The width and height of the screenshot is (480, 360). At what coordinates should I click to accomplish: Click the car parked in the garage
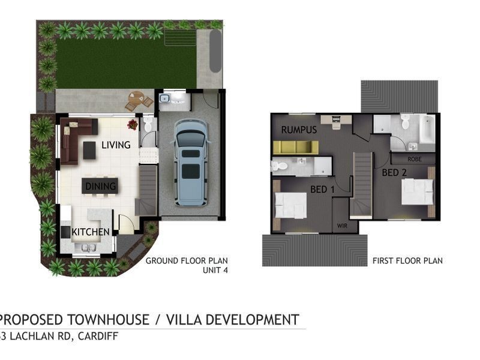(x=191, y=163)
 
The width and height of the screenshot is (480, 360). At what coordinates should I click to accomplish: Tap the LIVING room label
(x=116, y=145)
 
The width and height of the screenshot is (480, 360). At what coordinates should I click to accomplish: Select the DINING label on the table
(x=100, y=186)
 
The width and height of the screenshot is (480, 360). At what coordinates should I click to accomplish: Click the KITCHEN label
(x=91, y=232)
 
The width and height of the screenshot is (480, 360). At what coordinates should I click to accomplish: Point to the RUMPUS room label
(x=299, y=130)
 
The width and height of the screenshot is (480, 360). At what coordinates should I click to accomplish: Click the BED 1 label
(x=322, y=190)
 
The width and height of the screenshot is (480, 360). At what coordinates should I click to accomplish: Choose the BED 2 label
(x=394, y=173)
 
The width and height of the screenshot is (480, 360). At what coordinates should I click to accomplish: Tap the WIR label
(x=342, y=226)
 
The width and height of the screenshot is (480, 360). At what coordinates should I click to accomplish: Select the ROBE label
(x=415, y=159)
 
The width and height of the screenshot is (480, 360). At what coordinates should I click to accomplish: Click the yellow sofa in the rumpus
(x=296, y=147)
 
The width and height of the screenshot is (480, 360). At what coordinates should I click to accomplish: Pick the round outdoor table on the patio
(x=136, y=99)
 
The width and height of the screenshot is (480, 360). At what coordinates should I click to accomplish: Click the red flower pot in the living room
(x=133, y=124)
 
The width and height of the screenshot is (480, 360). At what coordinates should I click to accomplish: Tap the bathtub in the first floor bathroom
(x=427, y=129)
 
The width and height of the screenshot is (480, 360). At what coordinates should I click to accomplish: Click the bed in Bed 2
(x=418, y=192)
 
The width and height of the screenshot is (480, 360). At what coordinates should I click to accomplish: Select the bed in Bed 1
(x=290, y=205)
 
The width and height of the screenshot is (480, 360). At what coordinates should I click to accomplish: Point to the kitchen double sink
(x=89, y=248)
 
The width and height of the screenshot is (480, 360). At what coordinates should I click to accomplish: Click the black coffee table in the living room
(x=89, y=151)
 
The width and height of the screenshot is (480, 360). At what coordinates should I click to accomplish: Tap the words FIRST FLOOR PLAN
(x=407, y=261)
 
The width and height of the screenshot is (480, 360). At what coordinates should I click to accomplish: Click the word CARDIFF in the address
(x=98, y=336)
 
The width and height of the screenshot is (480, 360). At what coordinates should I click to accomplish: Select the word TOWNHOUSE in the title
(x=108, y=320)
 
